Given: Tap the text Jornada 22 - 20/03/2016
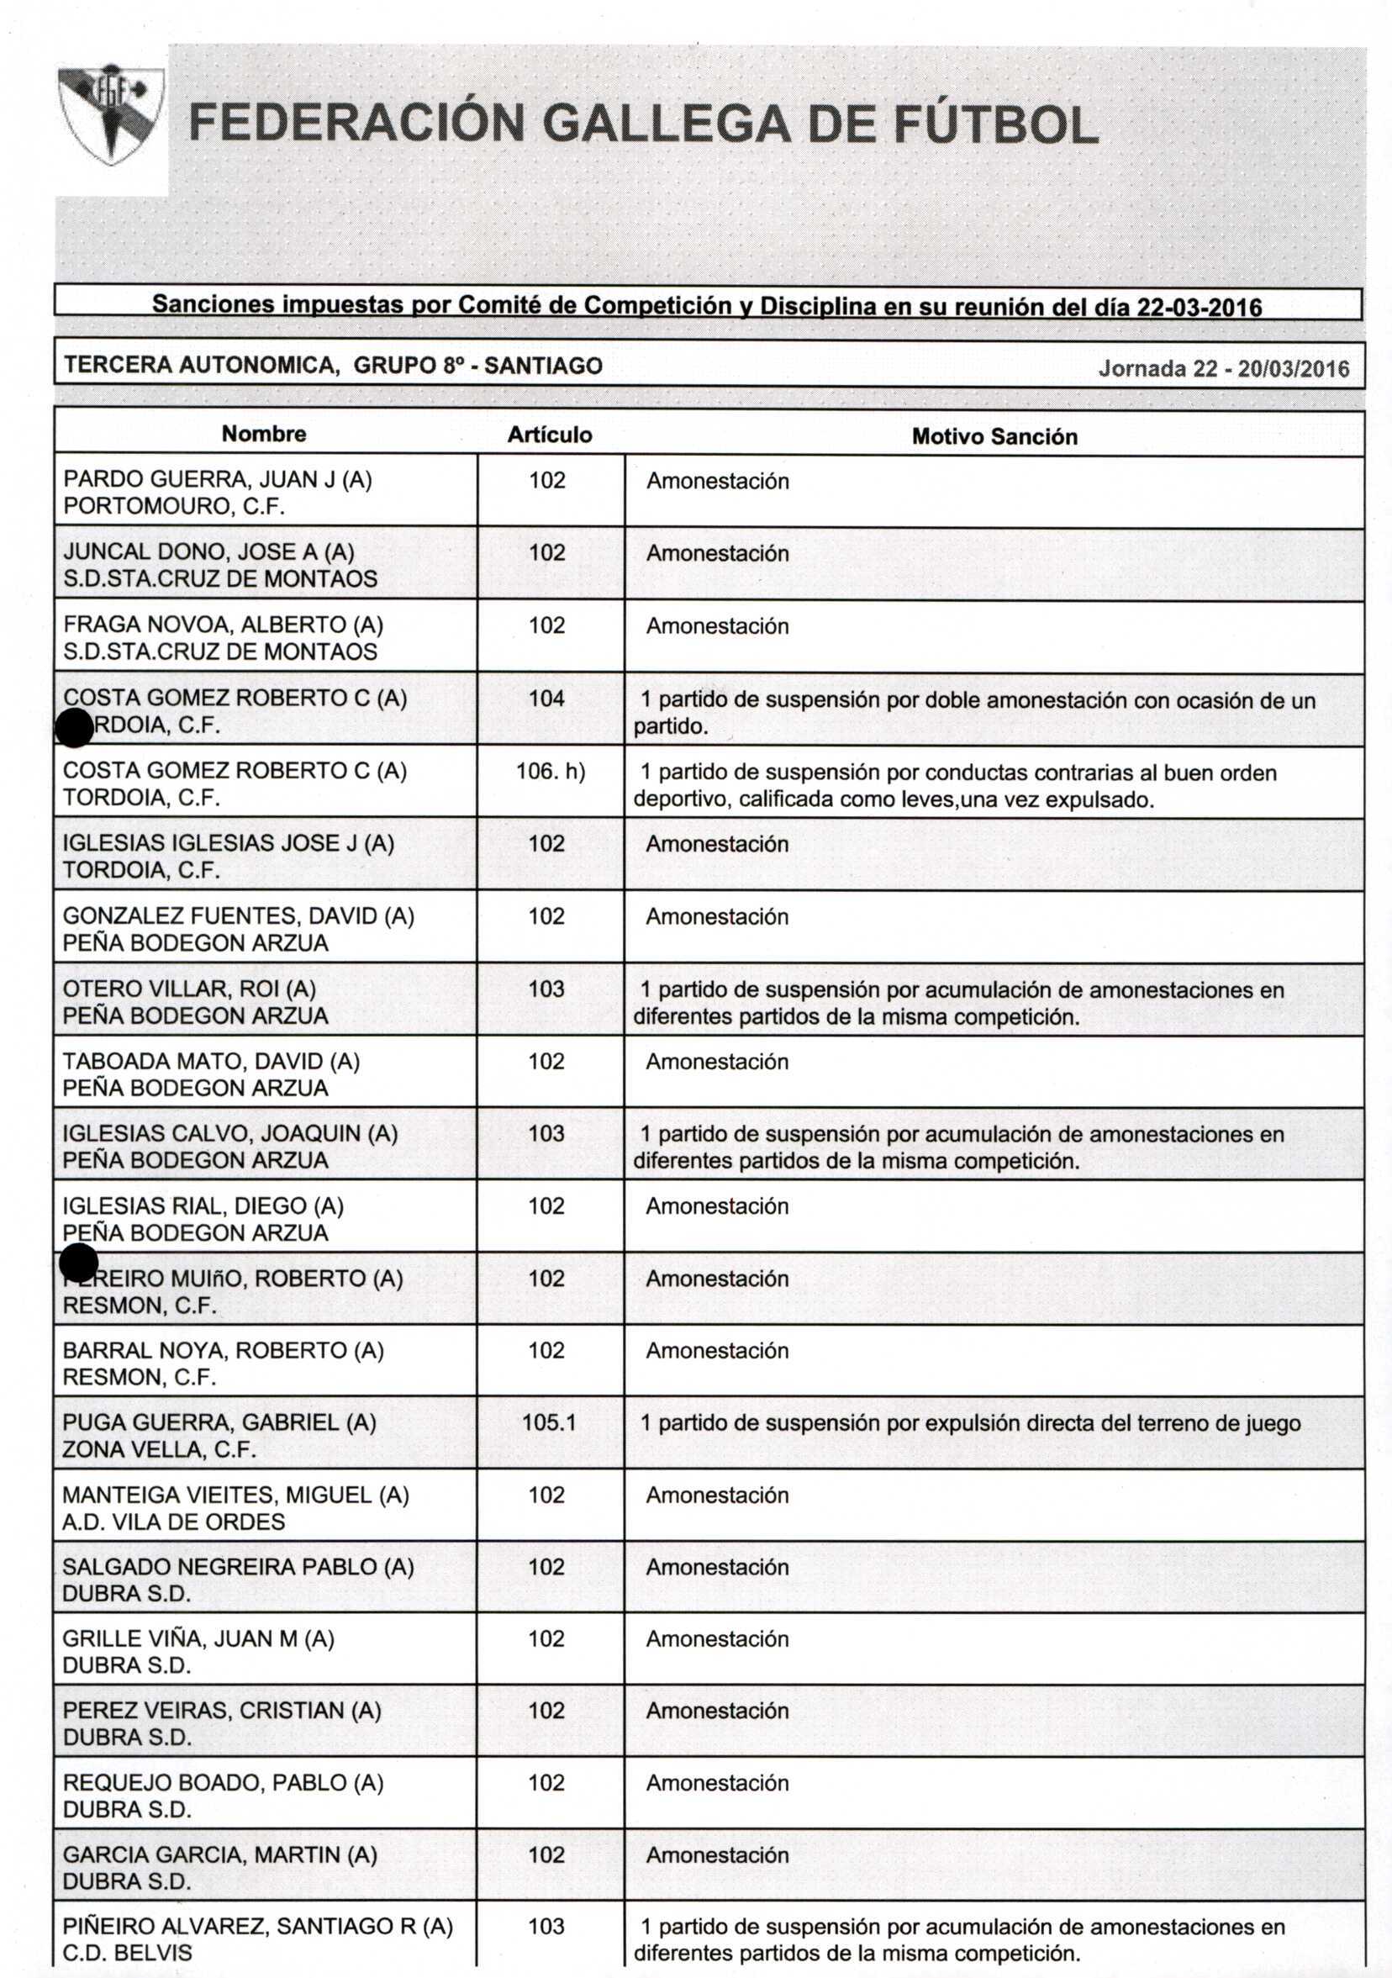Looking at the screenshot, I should point(1223,369).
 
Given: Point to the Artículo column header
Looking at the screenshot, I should point(550,435).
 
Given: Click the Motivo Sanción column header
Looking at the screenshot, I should point(994,437).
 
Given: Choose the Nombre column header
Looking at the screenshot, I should point(264,433).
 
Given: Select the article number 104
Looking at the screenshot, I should point(547,698).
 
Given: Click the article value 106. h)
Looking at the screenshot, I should point(551,771).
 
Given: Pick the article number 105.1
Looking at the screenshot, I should point(549,1422).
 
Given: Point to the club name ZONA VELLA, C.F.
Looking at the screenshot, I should point(159,1449).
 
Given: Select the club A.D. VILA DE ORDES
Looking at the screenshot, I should point(173,1522).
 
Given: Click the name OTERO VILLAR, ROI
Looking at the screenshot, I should point(189,988).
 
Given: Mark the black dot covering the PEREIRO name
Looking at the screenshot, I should point(79,1263).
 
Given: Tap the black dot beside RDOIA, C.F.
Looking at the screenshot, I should point(74,729).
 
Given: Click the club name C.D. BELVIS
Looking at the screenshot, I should point(128,1952).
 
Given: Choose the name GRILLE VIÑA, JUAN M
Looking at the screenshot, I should point(198,1638).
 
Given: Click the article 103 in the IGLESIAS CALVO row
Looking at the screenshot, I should point(547,1133).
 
